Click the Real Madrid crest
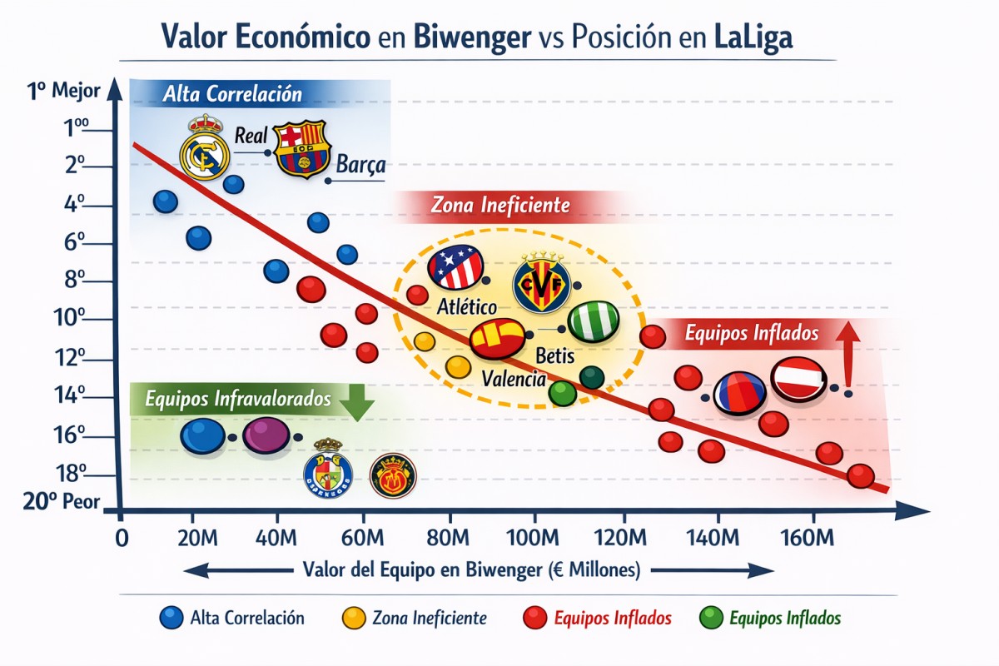coord(204,147)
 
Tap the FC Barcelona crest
coord(302,150)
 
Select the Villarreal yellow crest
coord(541,283)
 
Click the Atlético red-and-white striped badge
coord(455,266)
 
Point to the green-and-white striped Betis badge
coord(594,321)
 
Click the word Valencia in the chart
coord(514,379)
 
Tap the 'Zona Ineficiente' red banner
coord(499,205)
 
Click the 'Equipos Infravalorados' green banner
coord(238,400)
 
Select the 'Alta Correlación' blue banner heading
coord(233,93)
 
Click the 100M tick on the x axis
coord(533,535)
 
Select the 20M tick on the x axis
coord(193,535)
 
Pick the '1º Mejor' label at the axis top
coord(64,91)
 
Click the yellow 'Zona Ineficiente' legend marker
coord(355,618)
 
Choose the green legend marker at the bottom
coord(712,618)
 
